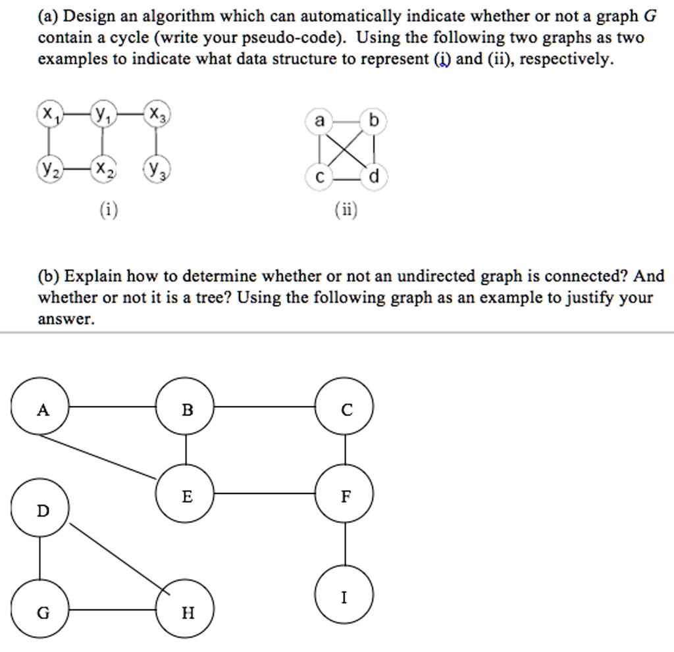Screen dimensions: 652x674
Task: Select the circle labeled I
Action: click(x=346, y=595)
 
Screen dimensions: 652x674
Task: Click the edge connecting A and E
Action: click(x=105, y=455)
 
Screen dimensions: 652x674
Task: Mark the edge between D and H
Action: click(x=118, y=559)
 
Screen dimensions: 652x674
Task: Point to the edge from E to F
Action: click(x=266, y=493)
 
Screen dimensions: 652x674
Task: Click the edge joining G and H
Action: click(x=113, y=610)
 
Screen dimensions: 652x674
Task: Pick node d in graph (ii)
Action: click(x=375, y=176)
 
